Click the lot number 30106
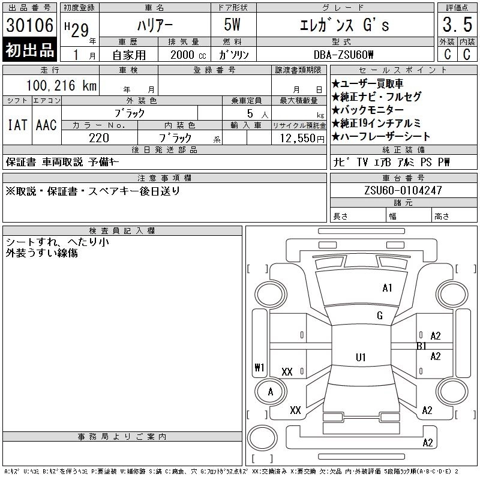pos(29,25)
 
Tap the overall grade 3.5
pos(457,25)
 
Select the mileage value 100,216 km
pos(61,85)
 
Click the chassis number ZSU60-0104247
pos(403,190)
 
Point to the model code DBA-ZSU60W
pos(343,55)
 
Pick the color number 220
pos(99,138)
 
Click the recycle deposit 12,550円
pos(302,139)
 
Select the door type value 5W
pos(232,25)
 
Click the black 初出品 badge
pos(29,50)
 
